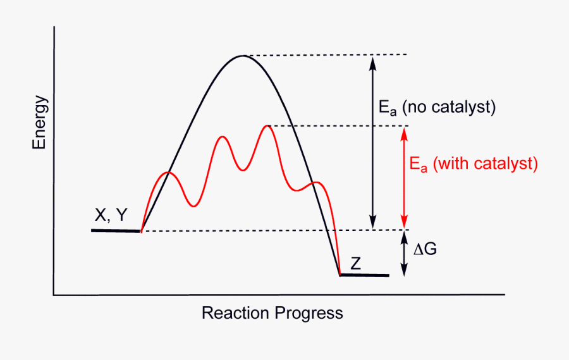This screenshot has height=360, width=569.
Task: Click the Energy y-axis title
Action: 40,122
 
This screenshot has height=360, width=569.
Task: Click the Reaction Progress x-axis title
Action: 272,313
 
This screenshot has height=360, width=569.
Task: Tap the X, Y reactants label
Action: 111,216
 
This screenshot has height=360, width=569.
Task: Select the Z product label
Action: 356,264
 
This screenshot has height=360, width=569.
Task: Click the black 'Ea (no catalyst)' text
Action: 437,108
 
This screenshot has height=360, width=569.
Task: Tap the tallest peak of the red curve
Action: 268,126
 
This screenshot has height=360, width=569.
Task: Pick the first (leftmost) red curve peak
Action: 167,172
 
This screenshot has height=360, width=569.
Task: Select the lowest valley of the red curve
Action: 194,206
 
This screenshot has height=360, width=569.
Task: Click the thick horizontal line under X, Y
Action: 116,231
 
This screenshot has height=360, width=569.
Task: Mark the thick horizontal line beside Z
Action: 365,275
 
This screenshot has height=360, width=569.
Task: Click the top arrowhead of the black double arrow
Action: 373,61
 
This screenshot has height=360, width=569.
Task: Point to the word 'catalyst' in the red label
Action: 504,164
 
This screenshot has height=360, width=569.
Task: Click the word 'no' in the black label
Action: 415,108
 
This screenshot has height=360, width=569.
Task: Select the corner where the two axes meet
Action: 54,295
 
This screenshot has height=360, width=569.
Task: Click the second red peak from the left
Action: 221,136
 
